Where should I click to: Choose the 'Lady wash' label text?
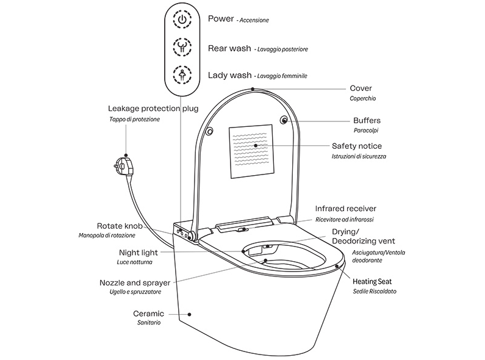(x=229, y=75)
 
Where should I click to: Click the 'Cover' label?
(x=361, y=88)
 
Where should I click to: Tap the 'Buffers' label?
(x=367, y=120)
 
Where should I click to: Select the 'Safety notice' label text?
(x=357, y=146)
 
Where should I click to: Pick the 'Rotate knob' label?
(x=120, y=226)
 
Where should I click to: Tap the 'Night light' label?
(x=137, y=252)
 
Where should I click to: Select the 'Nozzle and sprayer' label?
(x=134, y=283)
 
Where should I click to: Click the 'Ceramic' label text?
(x=149, y=313)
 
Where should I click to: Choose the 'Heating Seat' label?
(x=373, y=281)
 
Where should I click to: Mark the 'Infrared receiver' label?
(x=345, y=209)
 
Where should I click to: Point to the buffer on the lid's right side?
(x=285, y=120)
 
